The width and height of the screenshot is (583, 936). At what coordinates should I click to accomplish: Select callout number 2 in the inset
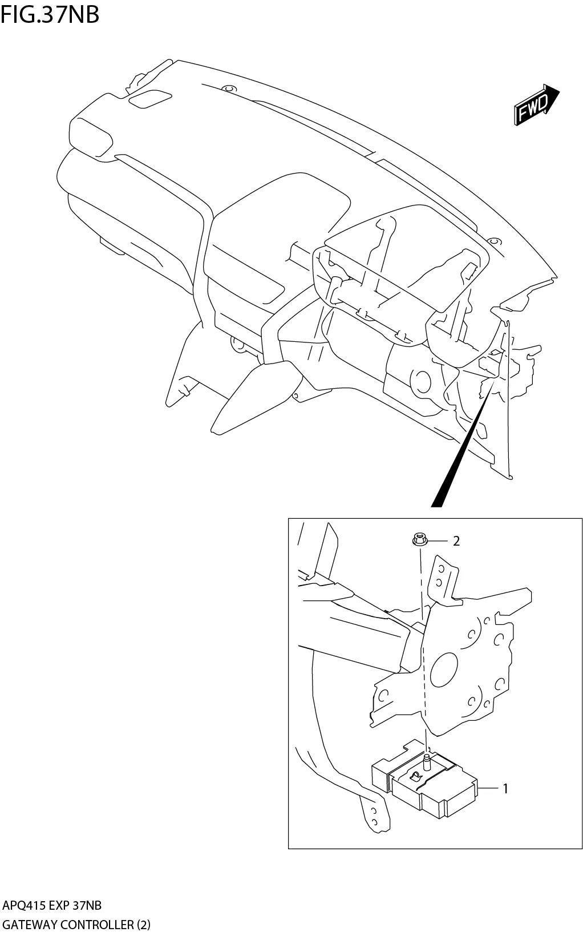[456, 541]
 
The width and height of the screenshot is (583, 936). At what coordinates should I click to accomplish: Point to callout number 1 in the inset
[505, 789]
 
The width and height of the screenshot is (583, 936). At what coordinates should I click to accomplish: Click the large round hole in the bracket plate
[444, 669]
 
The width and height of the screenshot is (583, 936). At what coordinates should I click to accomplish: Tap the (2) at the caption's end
[143, 925]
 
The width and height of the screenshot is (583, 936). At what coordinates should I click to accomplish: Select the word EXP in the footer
[60, 906]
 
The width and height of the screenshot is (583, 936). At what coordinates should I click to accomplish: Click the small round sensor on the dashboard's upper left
[229, 89]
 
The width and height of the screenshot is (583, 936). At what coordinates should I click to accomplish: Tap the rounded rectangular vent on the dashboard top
[150, 99]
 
